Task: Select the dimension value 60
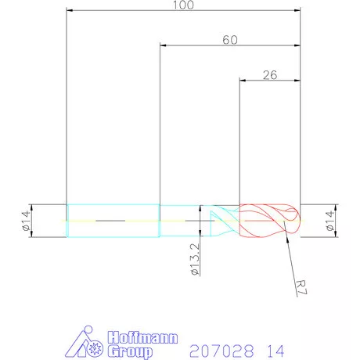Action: (x=229, y=39)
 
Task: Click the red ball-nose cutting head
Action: (x=266, y=221)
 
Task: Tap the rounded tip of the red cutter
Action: (x=296, y=221)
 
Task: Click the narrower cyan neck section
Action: (x=184, y=221)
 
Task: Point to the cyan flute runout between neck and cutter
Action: (x=224, y=221)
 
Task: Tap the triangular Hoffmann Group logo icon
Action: (x=87, y=343)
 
